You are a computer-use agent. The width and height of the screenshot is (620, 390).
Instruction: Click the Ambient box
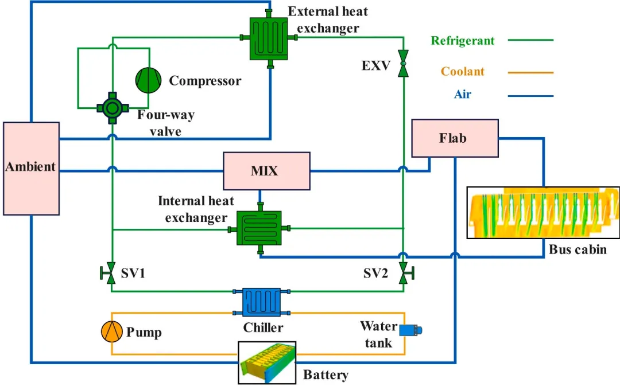(x=32, y=168)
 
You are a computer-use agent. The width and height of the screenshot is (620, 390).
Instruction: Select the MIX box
(x=266, y=171)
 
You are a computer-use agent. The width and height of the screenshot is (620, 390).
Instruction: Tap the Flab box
(x=455, y=138)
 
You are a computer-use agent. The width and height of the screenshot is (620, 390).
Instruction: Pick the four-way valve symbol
(x=111, y=107)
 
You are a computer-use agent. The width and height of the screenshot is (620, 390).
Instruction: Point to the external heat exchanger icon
(x=269, y=38)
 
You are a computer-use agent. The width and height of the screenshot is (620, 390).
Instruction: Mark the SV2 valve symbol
(x=405, y=271)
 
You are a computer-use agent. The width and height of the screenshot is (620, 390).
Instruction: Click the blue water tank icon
(x=411, y=330)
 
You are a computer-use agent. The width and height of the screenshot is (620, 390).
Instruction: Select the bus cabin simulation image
(x=543, y=212)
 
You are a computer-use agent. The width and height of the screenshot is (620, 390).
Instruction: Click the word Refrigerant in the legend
(x=462, y=41)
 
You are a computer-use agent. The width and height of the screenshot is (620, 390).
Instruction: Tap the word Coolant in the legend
(x=462, y=72)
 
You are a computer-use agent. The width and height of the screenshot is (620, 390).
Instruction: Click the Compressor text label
(x=205, y=81)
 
